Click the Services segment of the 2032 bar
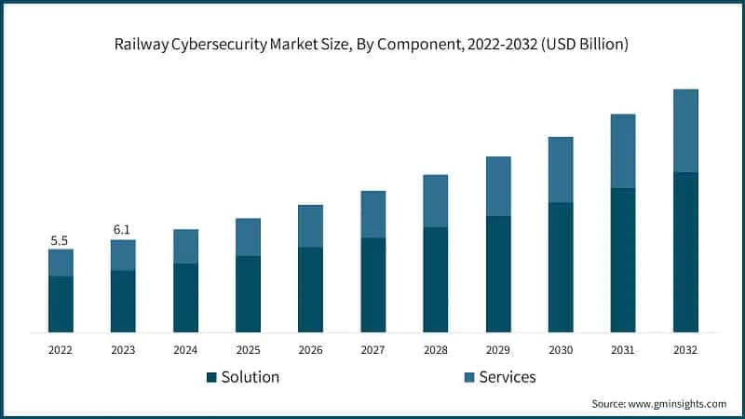(x=685, y=130)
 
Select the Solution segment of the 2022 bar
(x=61, y=304)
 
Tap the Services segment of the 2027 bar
(x=372, y=214)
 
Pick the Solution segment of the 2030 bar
(x=561, y=266)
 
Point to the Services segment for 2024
(x=185, y=246)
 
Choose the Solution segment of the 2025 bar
(x=248, y=293)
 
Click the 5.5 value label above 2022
(x=60, y=240)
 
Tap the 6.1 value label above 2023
(x=123, y=230)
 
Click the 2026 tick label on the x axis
(x=310, y=350)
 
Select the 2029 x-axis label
(x=498, y=350)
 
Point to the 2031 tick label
(x=623, y=350)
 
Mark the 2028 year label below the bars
(x=436, y=350)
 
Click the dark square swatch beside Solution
(x=211, y=377)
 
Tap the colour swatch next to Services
(x=469, y=377)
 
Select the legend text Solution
(x=251, y=377)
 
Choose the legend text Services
(x=508, y=377)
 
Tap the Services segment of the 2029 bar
(x=498, y=186)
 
